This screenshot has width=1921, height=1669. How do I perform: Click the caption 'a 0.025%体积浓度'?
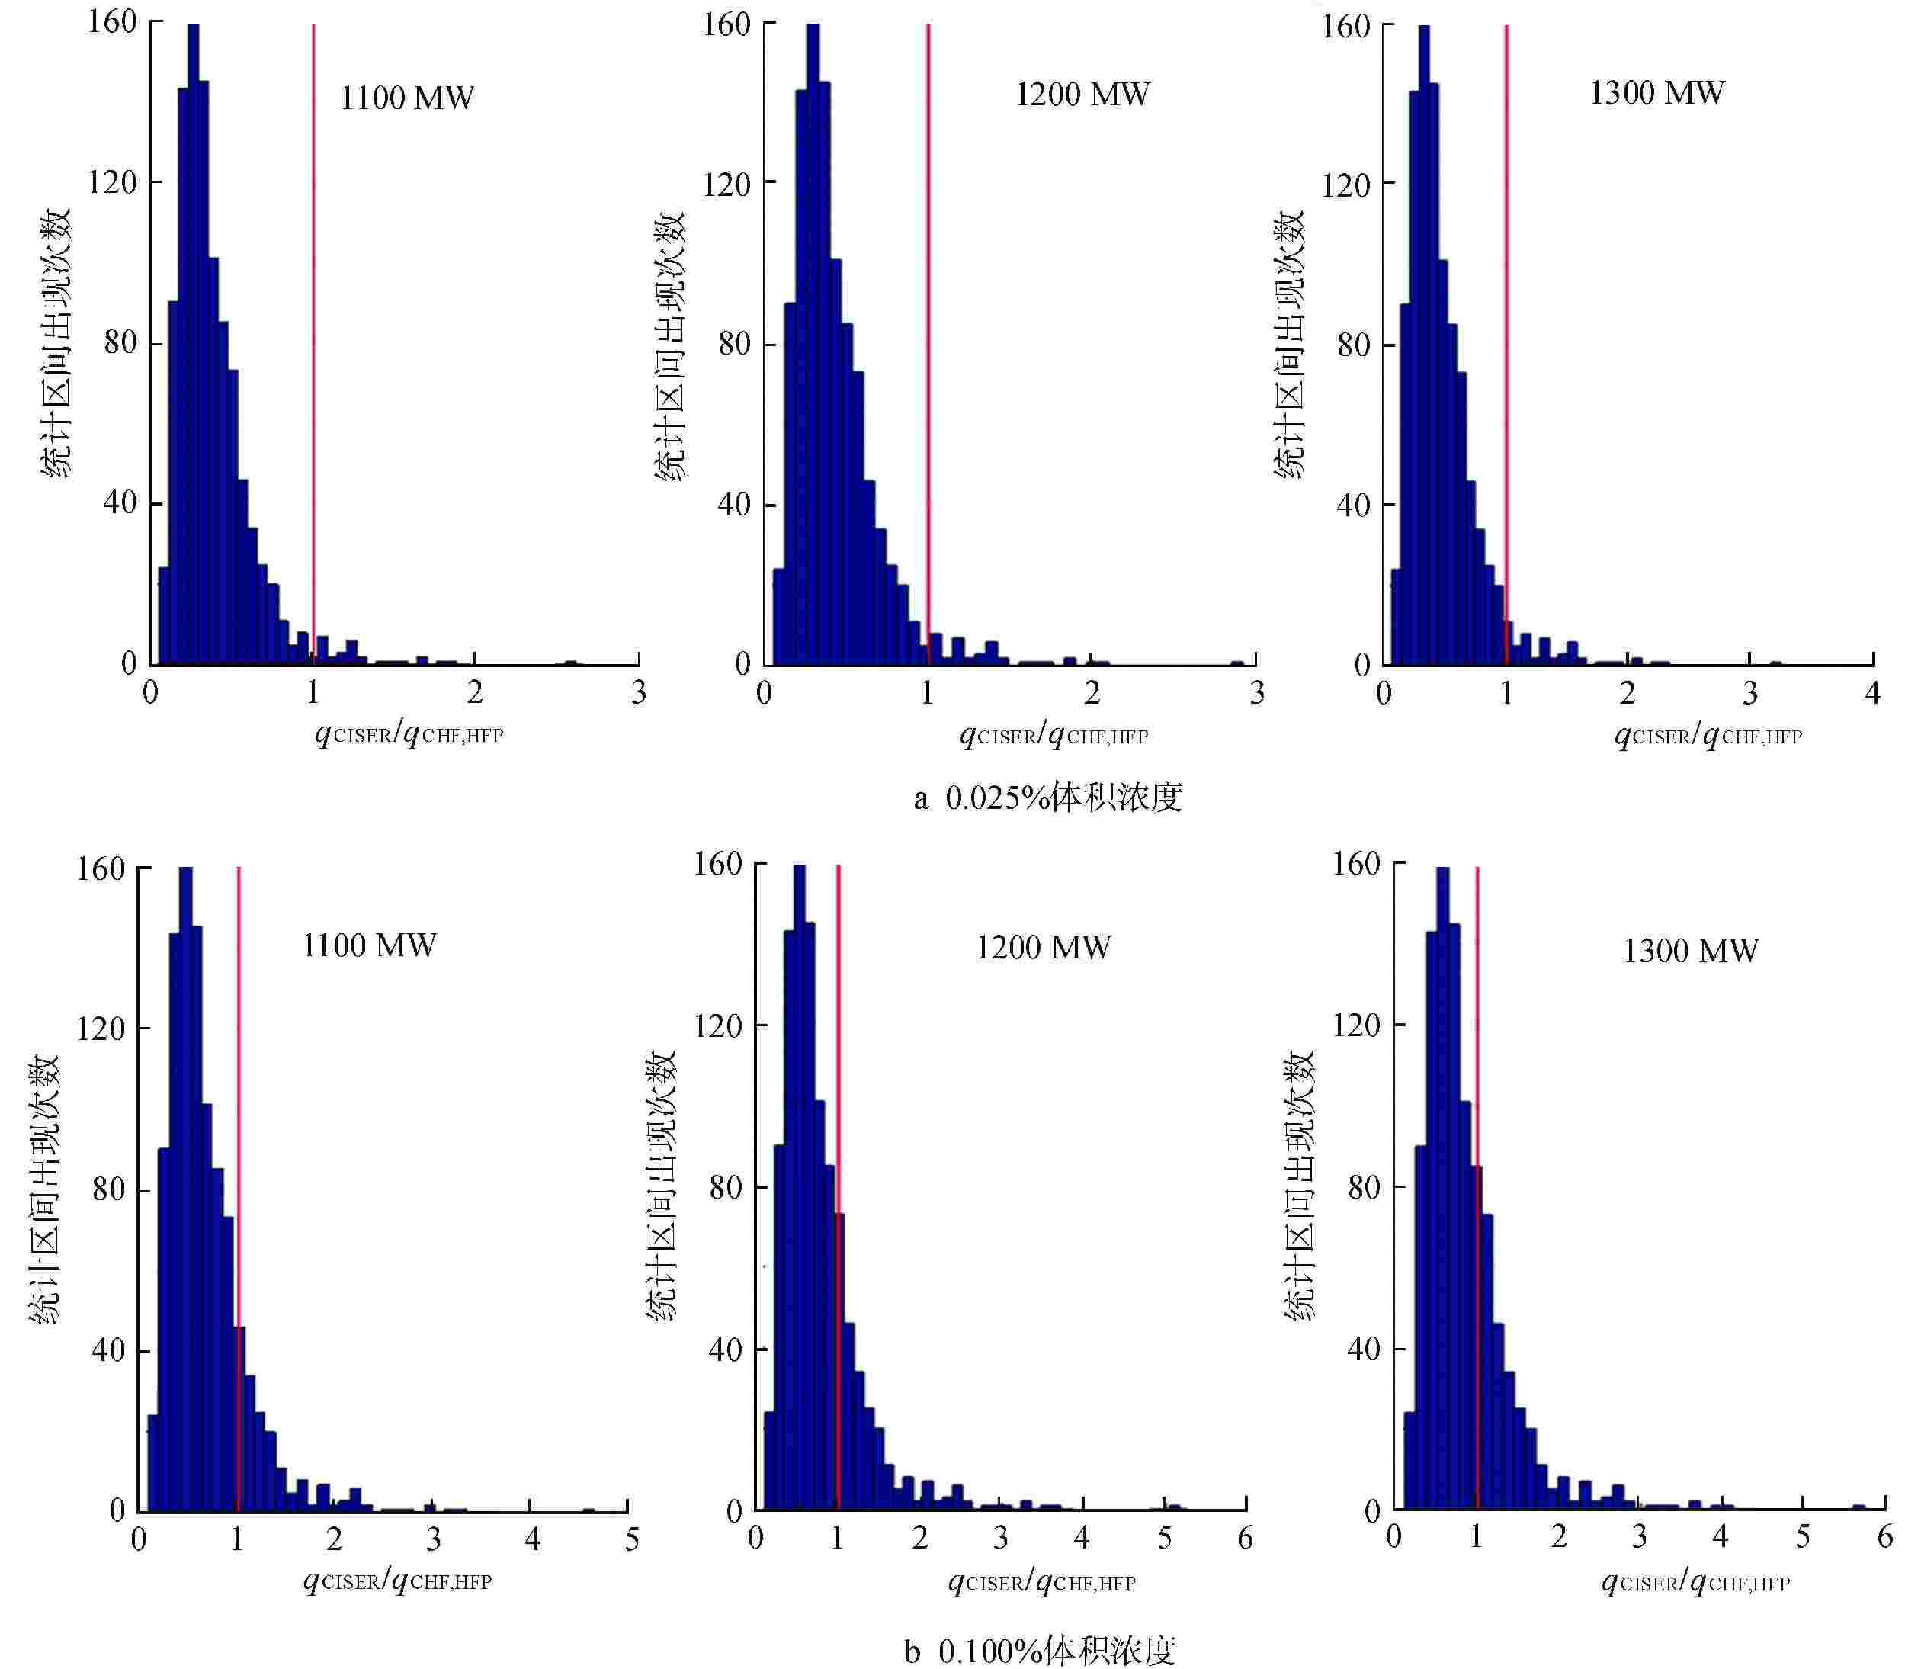[x=1047, y=798]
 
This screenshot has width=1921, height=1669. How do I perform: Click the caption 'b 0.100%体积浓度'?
[x=1040, y=1651]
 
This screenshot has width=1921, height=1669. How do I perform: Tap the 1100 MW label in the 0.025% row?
[x=407, y=98]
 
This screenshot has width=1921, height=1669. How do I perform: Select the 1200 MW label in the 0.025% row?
[x=1082, y=94]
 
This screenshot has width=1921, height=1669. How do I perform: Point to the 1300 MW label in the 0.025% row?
[x=1656, y=92]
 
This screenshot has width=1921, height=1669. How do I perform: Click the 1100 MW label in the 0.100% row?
[x=370, y=945]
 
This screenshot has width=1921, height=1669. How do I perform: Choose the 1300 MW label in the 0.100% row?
[x=1690, y=950]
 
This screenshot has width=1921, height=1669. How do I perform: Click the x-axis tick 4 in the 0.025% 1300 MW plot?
[x=1872, y=693]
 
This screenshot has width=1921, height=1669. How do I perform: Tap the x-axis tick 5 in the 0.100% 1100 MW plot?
[x=631, y=1539]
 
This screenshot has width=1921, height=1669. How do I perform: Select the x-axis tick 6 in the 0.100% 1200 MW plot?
[x=1246, y=1538]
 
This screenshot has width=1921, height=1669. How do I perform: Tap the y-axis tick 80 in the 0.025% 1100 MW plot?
[x=121, y=343]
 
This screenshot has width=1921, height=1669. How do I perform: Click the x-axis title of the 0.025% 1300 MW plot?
[x=1708, y=735]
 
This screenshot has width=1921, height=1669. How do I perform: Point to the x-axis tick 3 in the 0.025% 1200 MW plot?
[x=1256, y=693]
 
